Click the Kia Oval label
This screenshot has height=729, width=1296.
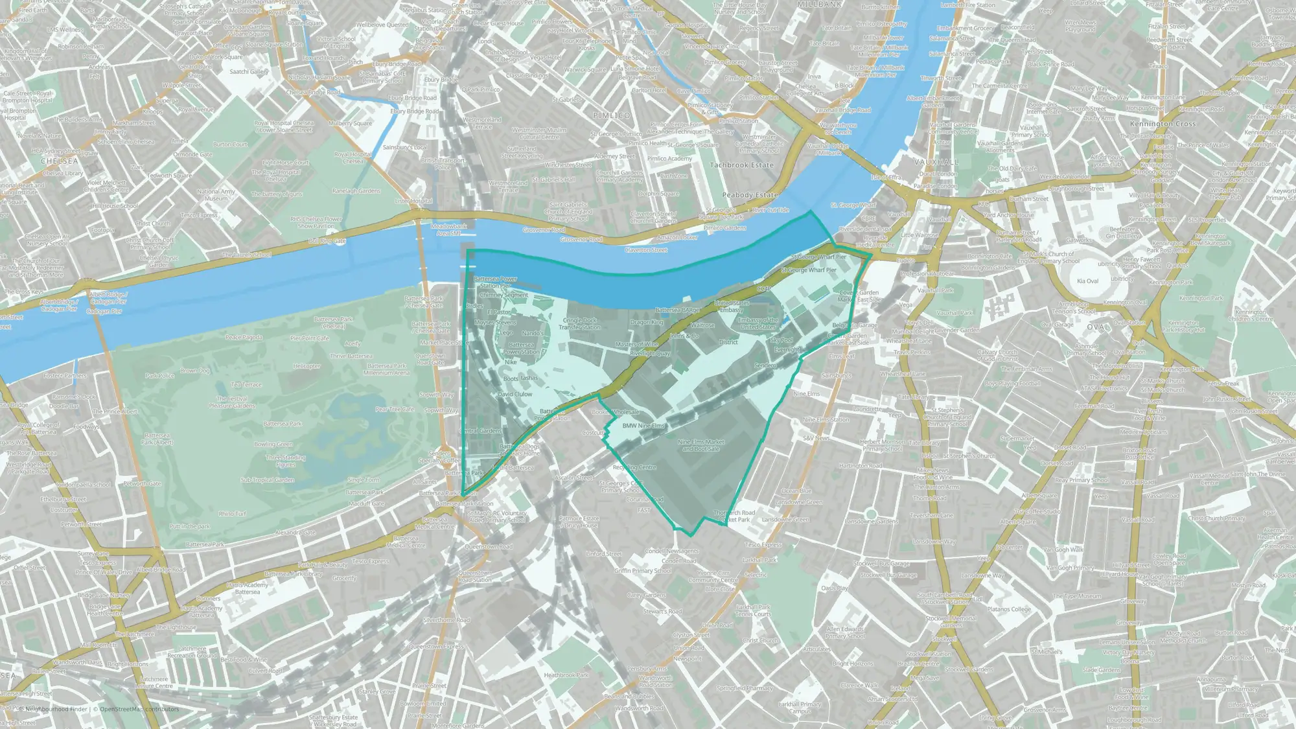point(1087,281)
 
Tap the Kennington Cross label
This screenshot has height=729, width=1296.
point(1163,124)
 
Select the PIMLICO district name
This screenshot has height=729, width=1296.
point(611,115)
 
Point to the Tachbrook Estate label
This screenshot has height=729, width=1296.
point(741,165)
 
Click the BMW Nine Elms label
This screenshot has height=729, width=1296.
point(643,426)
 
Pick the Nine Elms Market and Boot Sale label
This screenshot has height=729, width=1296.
point(701,445)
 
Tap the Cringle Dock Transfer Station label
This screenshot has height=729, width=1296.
point(579,323)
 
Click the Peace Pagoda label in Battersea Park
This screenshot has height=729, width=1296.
point(244,337)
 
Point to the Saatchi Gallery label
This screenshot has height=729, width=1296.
point(249,72)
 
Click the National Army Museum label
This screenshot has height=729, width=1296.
point(216,195)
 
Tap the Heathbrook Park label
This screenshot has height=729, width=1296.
point(566,675)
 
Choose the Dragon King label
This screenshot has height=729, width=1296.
point(646,322)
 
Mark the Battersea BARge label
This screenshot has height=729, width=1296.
point(677,310)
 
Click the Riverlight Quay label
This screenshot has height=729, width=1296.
point(650,354)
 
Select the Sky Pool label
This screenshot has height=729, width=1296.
point(781,340)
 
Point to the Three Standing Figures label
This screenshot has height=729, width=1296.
point(285,461)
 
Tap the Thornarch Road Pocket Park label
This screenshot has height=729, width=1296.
point(734,516)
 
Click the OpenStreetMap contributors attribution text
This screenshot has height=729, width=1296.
point(139,709)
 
